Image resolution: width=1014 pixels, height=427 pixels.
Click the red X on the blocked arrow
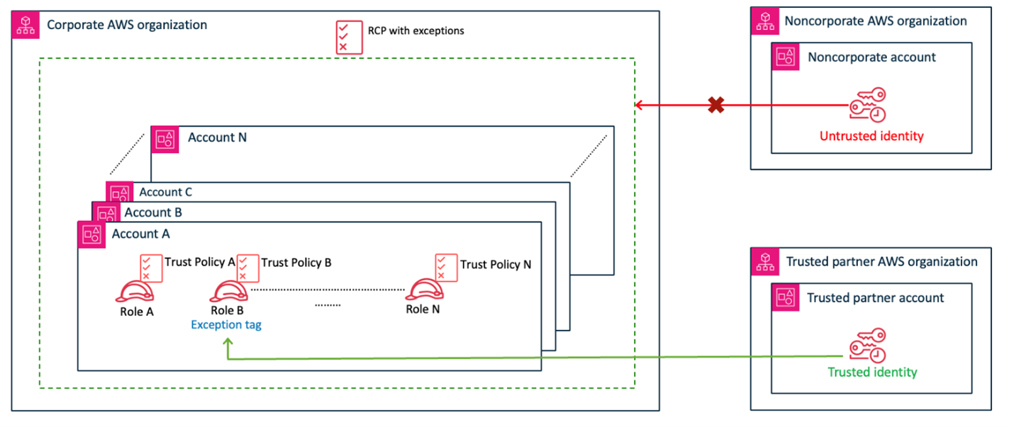pos(716,106)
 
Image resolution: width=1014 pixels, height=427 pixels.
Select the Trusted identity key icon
pos(868,345)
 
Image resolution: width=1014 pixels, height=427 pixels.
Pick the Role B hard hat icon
pos(228,292)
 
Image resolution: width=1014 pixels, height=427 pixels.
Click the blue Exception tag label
pos(227,326)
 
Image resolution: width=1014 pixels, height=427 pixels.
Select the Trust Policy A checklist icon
pos(151,268)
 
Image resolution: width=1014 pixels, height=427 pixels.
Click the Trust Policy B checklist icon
pos(247,268)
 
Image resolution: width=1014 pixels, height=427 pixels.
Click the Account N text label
pos(217,137)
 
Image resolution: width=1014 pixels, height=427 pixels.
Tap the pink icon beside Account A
pos(91,234)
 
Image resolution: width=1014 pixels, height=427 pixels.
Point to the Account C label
pos(165,192)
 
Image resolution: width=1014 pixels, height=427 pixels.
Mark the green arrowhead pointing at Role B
pos(228,342)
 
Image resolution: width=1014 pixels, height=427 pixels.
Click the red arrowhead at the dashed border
pos(639,106)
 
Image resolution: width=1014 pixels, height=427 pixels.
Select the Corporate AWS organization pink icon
pos(25,25)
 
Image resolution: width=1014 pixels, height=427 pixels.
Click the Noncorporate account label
pos(871,57)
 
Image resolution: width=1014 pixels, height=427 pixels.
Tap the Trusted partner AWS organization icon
pos(764,261)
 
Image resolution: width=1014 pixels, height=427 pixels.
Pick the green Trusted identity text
pos(872,372)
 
